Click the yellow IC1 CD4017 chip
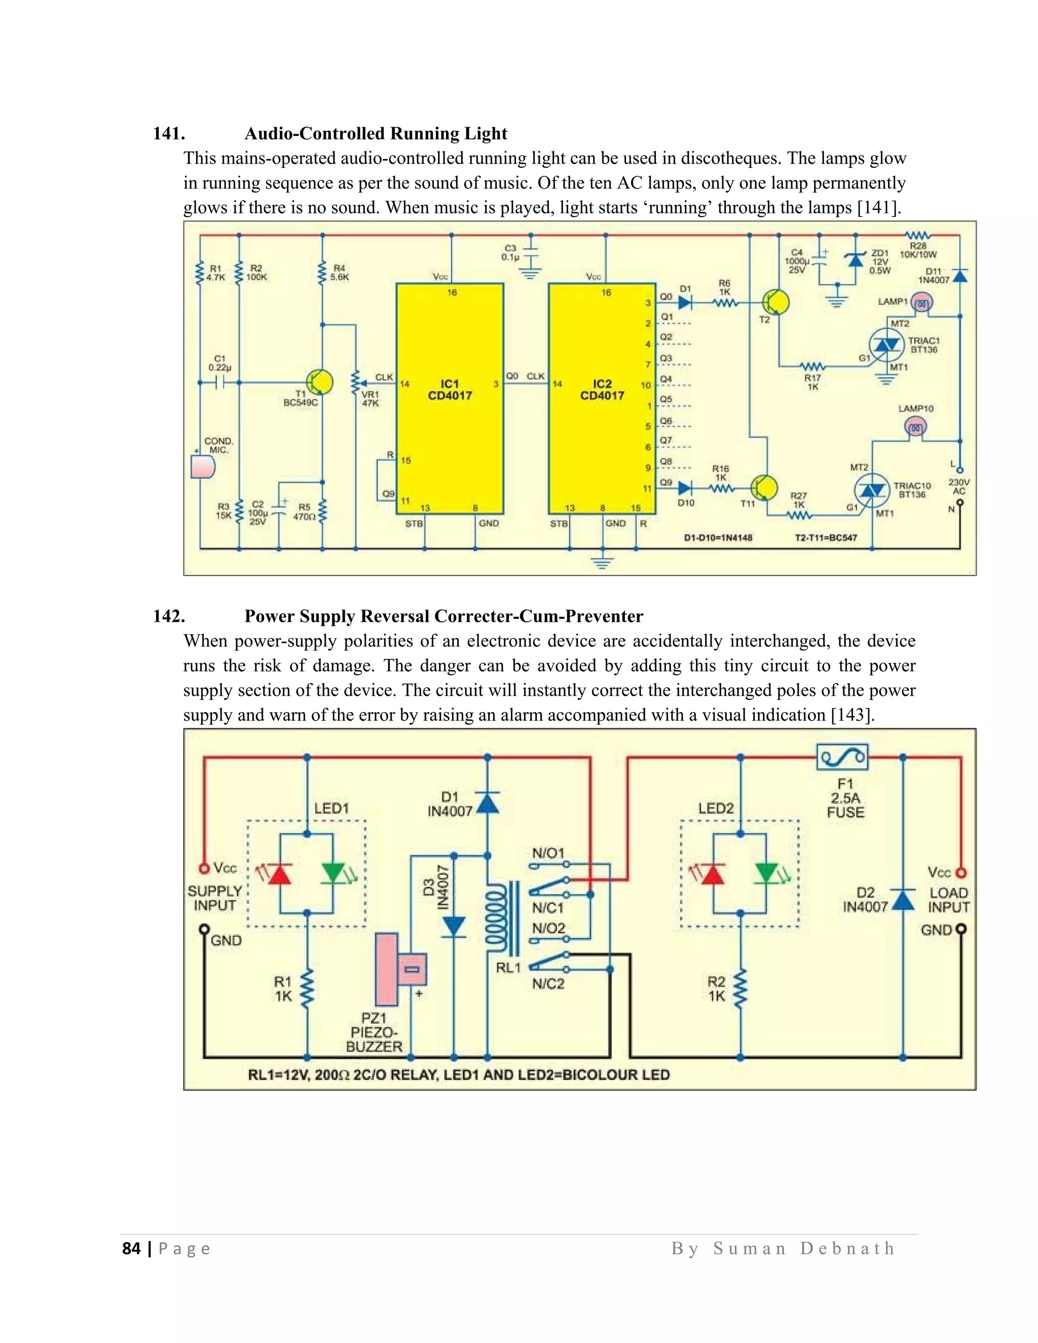[x=450, y=398]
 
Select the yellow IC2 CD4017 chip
[x=602, y=398]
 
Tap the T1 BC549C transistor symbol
[x=320, y=383]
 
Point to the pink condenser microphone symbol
[x=204, y=467]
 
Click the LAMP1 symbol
[x=920, y=303]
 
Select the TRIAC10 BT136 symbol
[x=871, y=490]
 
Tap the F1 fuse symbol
[x=842, y=758]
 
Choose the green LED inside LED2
[x=767, y=873]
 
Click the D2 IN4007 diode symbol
[x=902, y=900]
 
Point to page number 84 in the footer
[x=131, y=1248]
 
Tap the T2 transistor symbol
[x=775, y=303]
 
